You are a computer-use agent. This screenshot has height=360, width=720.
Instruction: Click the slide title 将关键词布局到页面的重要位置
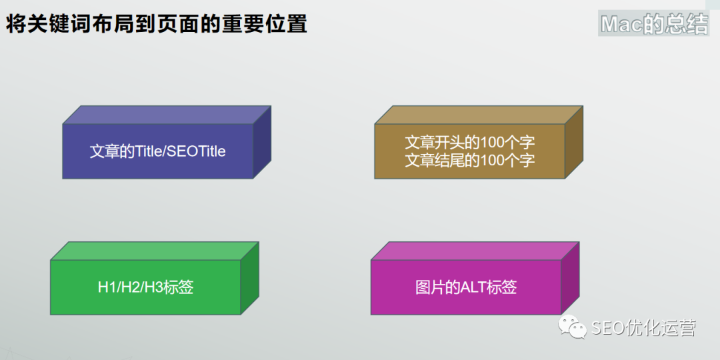(156, 24)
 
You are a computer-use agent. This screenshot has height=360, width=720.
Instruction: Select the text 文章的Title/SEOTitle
(157, 151)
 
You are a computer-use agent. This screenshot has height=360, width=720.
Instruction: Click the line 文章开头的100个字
(470, 143)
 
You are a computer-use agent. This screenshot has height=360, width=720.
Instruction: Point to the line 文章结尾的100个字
(470, 160)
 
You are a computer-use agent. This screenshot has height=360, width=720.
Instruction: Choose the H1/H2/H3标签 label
(145, 287)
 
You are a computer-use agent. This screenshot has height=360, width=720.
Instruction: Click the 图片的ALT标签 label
(466, 287)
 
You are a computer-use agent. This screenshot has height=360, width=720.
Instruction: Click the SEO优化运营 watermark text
(643, 327)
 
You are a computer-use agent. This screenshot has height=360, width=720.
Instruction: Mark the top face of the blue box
(167, 115)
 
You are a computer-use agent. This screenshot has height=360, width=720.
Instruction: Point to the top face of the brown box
(479, 115)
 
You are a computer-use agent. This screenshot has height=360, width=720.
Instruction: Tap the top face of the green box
(155, 251)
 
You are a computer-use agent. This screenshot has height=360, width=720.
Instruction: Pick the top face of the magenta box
(475, 251)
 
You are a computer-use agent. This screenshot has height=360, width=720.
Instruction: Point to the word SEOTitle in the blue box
(197, 151)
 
